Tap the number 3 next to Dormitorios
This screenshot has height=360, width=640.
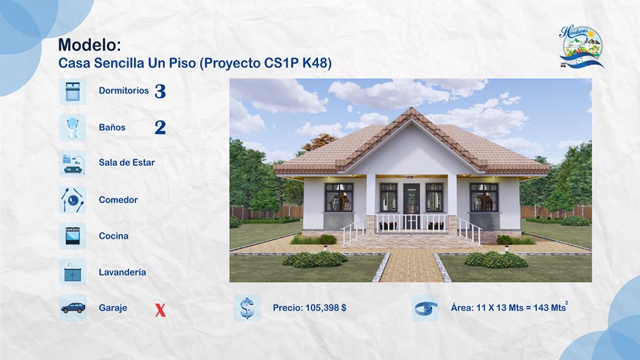(x=160, y=92)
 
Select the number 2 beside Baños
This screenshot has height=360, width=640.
(x=160, y=127)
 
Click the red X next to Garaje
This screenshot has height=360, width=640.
(x=160, y=310)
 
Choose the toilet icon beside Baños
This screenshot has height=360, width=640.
(x=73, y=127)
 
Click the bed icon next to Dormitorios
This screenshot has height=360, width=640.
(x=73, y=91)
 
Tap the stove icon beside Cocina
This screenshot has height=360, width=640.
(x=73, y=236)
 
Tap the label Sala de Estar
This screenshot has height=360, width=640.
(x=127, y=163)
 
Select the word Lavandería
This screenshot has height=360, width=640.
(x=122, y=273)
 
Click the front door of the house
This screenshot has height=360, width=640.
(x=412, y=201)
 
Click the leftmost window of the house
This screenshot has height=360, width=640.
(x=339, y=196)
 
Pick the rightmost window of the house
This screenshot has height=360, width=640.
(x=484, y=196)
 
